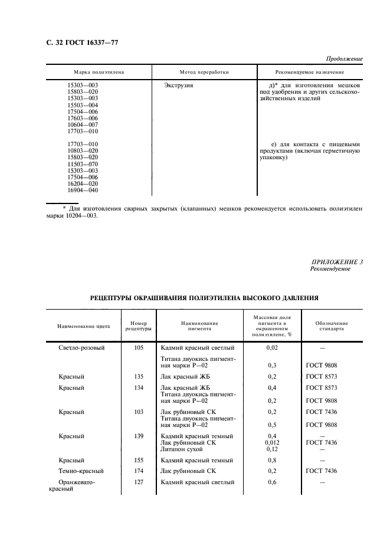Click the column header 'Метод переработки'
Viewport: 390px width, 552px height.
coord(204,72)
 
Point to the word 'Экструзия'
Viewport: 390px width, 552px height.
coord(178,86)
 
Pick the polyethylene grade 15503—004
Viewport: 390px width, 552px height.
coord(83,105)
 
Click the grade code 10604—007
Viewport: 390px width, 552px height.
coord(83,124)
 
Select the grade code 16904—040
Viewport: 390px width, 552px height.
coord(83,190)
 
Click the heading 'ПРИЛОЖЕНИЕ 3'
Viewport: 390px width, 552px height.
coord(336,262)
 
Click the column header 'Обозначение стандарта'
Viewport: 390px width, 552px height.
coord(335,326)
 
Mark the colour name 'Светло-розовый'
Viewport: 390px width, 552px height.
coord(81,348)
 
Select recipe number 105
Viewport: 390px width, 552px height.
coord(139,348)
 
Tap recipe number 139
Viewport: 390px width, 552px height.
coord(139,436)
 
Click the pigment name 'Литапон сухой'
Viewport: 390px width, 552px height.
coord(182,449)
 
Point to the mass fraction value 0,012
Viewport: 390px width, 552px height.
coord(272,442)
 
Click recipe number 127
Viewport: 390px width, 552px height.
coord(139,482)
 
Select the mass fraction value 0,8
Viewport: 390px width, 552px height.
coord(272,460)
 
